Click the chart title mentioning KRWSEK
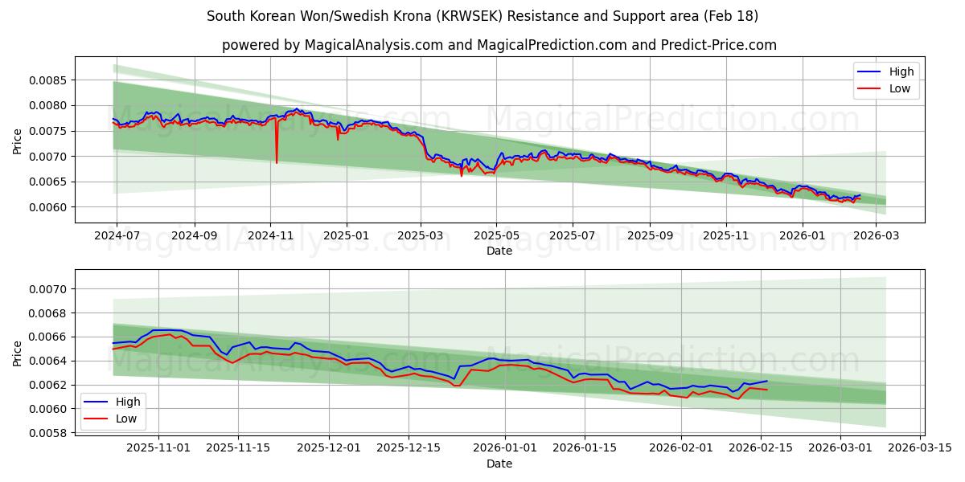pos(482,16)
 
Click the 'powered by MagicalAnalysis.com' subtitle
pos(499,45)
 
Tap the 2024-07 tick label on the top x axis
pos(117,236)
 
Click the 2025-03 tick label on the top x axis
pos(421,236)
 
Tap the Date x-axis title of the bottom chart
pos(499,464)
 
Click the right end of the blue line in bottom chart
pos(767,381)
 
